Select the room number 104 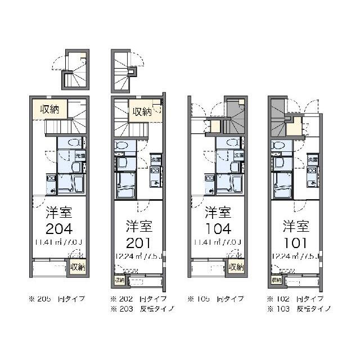pyautogui.click(x=218, y=229)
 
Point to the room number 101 pyautogui.click(x=295, y=244)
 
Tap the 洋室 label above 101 pyautogui.click(x=295, y=227)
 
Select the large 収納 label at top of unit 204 pyautogui.click(x=49, y=109)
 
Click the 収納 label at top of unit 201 pyautogui.click(x=142, y=111)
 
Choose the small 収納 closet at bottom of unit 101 pyautogui.click(x=276, y=280)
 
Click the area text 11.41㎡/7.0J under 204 pyautogui.click(x=58, y=243)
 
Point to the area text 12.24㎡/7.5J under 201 pyautogui.click(x=138, y=257)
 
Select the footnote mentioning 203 pyautogui.click(x=142, y=309)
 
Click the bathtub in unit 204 pyautogui.click(x=71, y=183)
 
